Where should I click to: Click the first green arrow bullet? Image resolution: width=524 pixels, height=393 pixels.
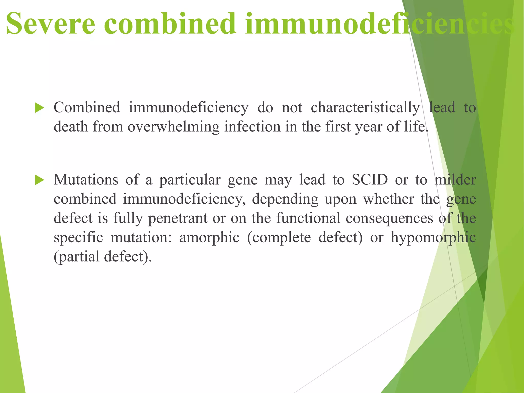point(39,108)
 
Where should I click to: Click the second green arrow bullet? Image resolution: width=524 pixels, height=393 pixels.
point(39,180)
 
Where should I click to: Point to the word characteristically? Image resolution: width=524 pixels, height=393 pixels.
point(365,108)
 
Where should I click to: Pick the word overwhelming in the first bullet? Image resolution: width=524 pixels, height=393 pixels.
point(173,127)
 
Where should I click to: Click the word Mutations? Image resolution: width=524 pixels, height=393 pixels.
point(86,180)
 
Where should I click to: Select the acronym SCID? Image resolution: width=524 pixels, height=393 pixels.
point(370,180)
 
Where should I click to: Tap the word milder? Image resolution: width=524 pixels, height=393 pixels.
point(455,180)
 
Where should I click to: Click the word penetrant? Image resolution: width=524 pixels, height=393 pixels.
point(178,218)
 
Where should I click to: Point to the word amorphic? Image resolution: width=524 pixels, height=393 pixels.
point(209,237)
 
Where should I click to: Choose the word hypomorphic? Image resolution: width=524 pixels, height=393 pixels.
point(433,237)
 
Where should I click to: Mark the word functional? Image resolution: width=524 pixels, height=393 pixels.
point(308,218)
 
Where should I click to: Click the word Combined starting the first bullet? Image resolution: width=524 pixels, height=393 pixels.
point(87,108)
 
